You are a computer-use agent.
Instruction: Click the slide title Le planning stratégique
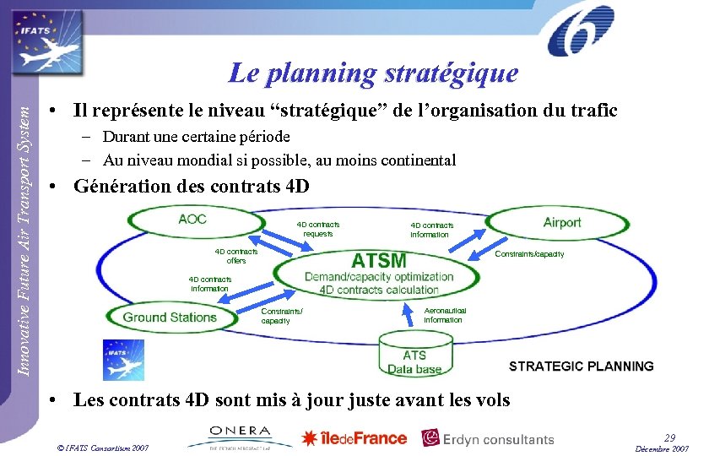(x=372, y=73)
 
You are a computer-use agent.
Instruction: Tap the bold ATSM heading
(x=378, y=259)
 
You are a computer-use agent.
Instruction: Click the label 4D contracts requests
(x=317, y=229)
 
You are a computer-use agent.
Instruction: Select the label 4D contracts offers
(x=235, y=256)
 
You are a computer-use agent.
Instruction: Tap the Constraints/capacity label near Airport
(x=529, y=254)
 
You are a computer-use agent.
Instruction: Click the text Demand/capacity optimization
(x=378, y=276)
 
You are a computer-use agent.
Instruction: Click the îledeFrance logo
(x=354, y=437)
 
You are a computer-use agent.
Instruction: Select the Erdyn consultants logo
(x=488, y=438)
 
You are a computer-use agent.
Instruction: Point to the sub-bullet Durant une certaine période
(x=196, y=137)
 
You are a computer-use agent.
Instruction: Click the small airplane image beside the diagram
(x=123, y=360)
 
